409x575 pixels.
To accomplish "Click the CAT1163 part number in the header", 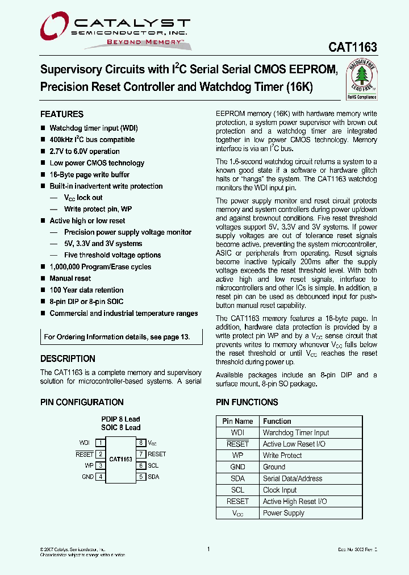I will pyautogui.click(x=353, y=48).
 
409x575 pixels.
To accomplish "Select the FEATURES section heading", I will pyautogui.click(x=62, y=114).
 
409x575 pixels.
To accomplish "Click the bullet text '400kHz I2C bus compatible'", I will pyautogui.click(x=92, y=140).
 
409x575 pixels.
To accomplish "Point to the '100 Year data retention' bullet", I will pyautogui.click(x=86, y=290).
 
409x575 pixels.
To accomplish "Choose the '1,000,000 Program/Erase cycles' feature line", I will pyautogui.click(x=100, y=267).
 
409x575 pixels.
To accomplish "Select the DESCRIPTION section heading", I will pyautogui.click(x=68, y=359).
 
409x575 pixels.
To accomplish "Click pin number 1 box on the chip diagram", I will pyautogui.click(x=100, y=443).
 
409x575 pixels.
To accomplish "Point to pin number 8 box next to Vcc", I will pyautogui.click(x=140, y=443).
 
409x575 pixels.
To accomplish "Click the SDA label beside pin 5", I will pyautogui.click(x=153, y=477).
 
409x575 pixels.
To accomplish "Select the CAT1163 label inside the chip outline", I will pyautogui.click(x=120, y=459).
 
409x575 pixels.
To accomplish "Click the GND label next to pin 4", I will pyautogui.click(x=87, y=477).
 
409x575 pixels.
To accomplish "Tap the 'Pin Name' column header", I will pyautogui.click(x=237, y=422).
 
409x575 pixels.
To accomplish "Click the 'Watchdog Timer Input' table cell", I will pyautogui.click(x=296, y=433).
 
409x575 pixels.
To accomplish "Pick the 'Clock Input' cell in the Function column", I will pyautogui.click(x=279, y=490).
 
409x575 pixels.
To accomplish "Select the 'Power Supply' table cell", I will pyautogui.click(x=283, y=513).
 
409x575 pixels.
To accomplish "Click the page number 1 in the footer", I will pyautogui.click(x=208, y=549).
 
